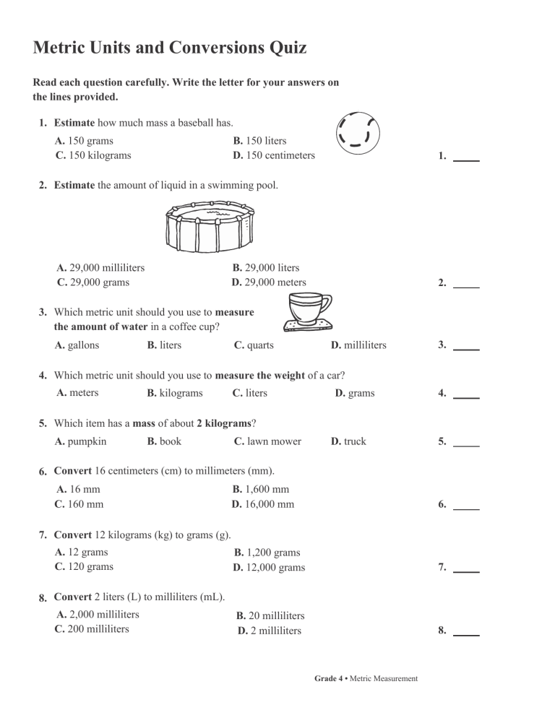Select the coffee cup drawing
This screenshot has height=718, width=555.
point(306,313)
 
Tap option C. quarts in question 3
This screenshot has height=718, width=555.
point(254,345)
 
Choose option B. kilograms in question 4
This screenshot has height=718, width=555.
point(174,393)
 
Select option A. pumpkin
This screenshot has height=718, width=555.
point(81,441)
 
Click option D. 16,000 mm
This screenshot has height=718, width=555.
point(263,504)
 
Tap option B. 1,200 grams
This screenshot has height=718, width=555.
point(267,553)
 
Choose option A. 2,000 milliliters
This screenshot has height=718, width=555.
point(98,615)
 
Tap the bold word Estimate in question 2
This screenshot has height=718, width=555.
point(74,186)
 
